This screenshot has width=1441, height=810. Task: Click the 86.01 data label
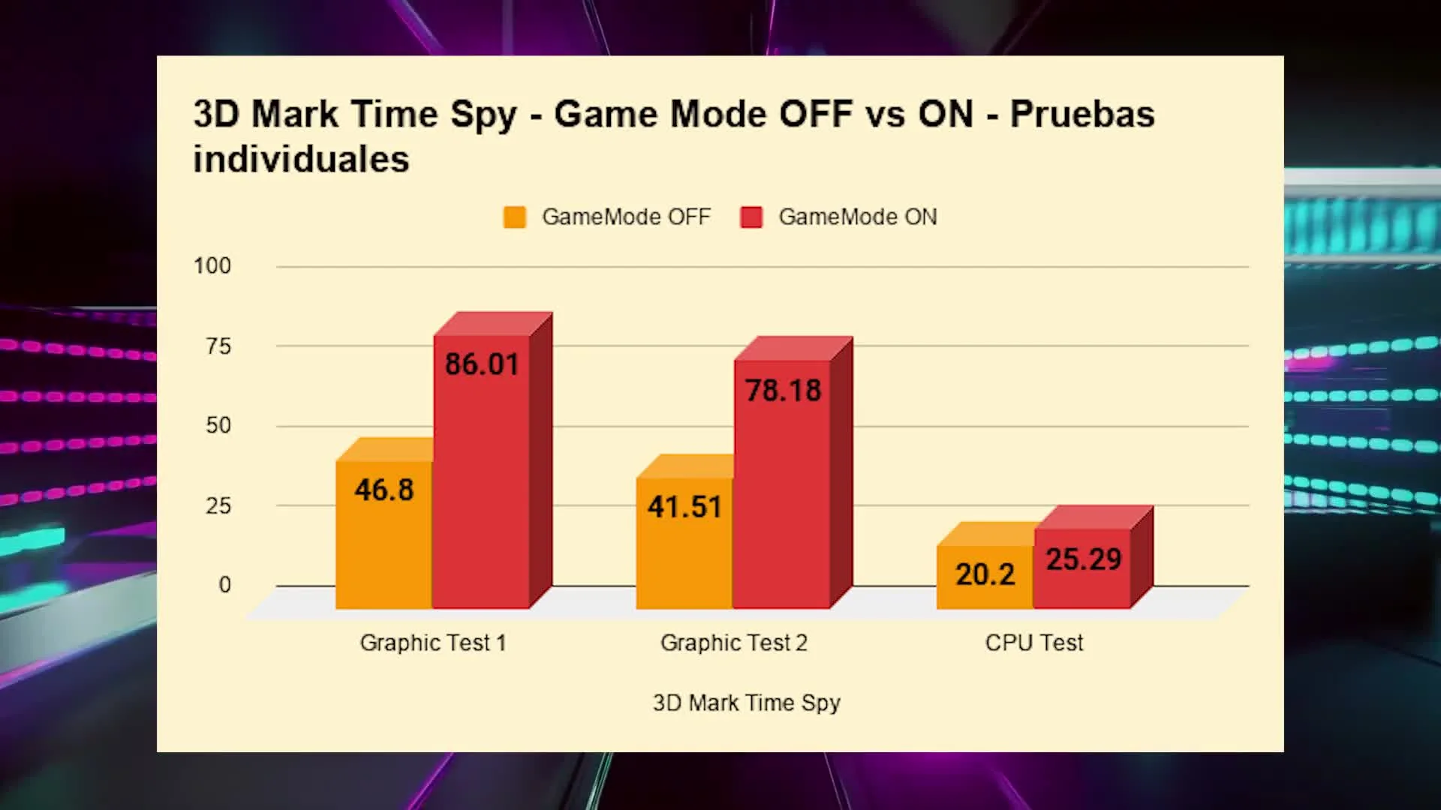482,364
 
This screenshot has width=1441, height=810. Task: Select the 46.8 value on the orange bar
384,490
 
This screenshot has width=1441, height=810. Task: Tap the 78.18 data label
783,391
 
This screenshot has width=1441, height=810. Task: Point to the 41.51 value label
684,507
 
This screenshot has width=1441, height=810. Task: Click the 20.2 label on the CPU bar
985,574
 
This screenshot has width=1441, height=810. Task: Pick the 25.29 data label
1084,559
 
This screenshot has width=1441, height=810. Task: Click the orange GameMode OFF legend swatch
515,217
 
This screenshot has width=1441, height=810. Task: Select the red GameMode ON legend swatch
751,217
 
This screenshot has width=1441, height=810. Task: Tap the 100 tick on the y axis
212,266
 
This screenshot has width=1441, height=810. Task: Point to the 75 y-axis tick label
218,346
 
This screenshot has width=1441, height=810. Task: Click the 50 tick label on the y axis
218,426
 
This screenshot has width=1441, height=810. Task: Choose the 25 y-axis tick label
218,506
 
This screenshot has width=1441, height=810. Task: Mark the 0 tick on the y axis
225,585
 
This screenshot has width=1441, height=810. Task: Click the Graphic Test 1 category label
433,643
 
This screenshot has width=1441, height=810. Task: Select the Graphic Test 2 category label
734,643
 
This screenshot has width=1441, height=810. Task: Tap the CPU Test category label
1034,643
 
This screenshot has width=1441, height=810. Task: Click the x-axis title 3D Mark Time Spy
747,703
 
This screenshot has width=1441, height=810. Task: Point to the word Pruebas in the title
1082,115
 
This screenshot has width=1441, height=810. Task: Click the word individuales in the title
301,160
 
